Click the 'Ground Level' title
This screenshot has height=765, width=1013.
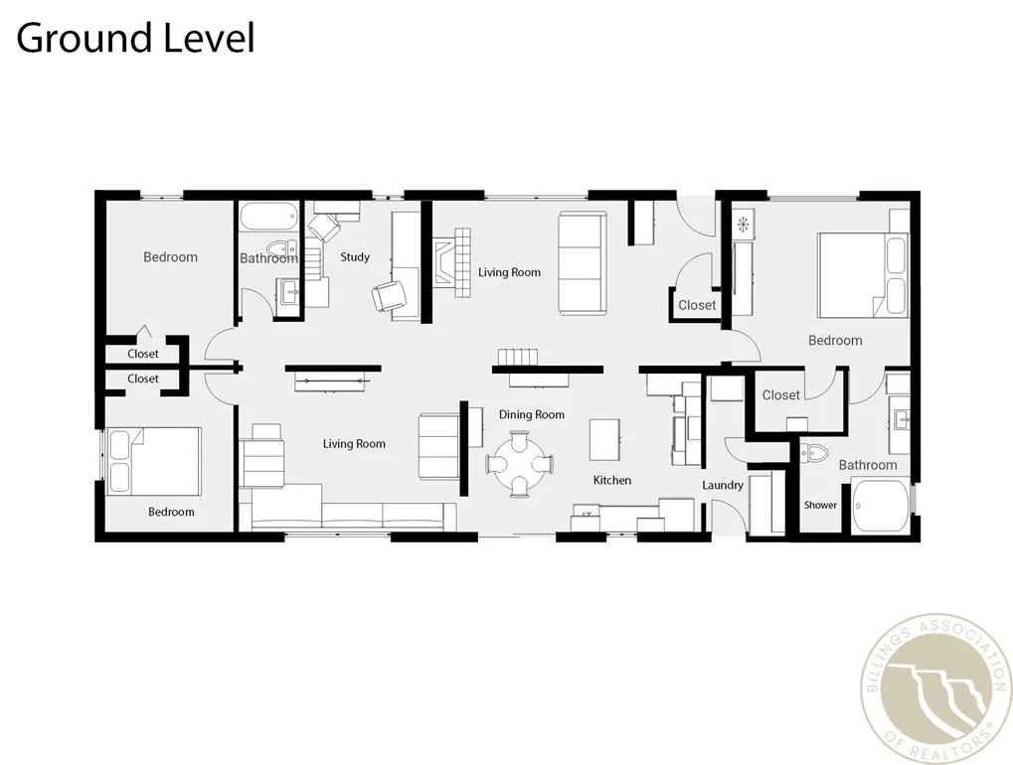point(135,39)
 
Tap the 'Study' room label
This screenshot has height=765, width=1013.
point(355,257)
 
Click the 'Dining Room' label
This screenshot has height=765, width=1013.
point(532,414)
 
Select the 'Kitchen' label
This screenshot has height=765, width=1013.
point(612,480)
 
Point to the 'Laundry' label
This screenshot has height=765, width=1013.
point(723,486)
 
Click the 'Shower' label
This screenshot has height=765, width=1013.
point(820,505)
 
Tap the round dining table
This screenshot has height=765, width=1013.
point(519,464)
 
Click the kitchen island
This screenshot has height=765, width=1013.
point(604,440)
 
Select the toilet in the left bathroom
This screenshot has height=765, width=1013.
point(281,248)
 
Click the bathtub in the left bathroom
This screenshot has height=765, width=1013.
point(268,217)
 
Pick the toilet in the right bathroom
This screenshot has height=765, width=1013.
point(814,453)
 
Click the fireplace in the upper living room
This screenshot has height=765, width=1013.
point(451,262)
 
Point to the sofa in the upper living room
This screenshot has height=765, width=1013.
point(583,263)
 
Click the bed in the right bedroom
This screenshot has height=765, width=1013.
point(863,275)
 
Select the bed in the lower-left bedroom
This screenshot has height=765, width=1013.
point(153,461)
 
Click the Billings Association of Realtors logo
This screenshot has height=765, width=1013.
point(936,688)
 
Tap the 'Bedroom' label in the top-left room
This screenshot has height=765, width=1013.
point(171,257)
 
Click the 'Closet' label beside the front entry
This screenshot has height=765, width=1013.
point(697,305)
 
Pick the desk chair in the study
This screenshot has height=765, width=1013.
point(390,296)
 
